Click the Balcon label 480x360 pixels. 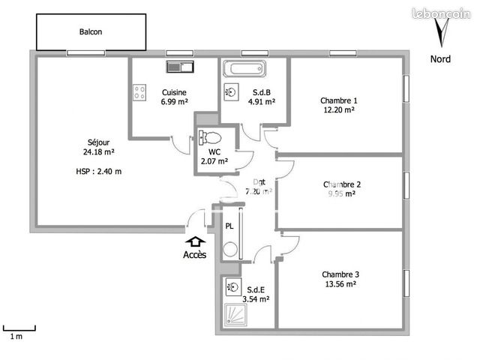(91, 32)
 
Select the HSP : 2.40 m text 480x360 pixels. (98, 172)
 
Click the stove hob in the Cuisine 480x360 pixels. (139, 93)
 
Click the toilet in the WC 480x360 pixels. (210, 138)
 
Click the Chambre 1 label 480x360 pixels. (339, 100)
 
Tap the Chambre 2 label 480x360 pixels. (342, 184)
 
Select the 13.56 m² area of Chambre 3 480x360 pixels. (339, 284)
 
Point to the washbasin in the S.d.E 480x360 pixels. (231, 289)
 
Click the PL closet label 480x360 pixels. (229, 226)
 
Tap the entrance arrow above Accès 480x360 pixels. (196, 241)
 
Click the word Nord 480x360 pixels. (440, 58)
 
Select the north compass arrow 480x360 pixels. (442, 33)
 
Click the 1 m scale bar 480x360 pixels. (19, 328)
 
